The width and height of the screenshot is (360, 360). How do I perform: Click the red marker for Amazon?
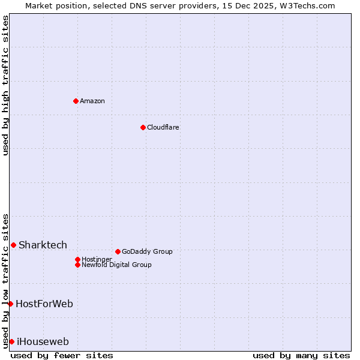point(76,101)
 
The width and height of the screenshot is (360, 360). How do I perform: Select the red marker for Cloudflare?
point(143,127)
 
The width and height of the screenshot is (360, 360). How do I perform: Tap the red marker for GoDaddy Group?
point(118,251)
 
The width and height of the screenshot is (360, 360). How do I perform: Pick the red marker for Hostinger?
point(77,259)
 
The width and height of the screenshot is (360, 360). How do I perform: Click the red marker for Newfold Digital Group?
point(77,265)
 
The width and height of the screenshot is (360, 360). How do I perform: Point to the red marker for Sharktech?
point(13,245)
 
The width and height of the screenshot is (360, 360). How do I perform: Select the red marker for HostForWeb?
point(10,304)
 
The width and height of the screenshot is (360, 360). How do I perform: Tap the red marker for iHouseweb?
point(11,341)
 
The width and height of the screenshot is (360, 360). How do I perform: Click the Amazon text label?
point(92,101)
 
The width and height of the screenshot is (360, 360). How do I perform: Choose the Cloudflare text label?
point(163,127)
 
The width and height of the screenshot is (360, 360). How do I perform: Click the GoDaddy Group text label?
point(147,251)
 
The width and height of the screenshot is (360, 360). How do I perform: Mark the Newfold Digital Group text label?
point(116,265)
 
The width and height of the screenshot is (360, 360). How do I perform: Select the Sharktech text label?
point(43,245)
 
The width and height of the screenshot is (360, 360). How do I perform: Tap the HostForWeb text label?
point(44,304)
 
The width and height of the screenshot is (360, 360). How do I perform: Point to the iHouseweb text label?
point(43,341)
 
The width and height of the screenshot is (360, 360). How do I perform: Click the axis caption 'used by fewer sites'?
point(62,355)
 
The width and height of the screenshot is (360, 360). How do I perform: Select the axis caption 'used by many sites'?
point(301,355)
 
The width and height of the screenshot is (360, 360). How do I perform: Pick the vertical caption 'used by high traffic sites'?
point(5,85)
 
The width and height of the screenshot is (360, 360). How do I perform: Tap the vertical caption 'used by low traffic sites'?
point(5,280)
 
